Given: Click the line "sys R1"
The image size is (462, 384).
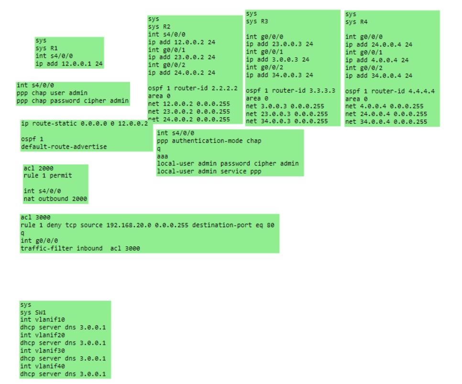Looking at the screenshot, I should [x=46, y=48].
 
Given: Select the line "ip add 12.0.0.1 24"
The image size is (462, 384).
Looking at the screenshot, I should [x=69, y=64].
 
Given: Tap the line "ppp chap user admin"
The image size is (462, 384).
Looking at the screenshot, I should [x=52, y=93].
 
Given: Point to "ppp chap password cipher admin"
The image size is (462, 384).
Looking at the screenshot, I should [x=72, y=100].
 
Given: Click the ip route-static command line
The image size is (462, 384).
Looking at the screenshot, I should [x=84, y=123].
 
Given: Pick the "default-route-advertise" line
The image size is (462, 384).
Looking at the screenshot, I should [x=64, y=147].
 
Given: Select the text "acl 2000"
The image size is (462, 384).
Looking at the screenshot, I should [x=38, y=168].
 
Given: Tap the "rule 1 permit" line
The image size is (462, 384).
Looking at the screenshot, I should [x=48, y=176].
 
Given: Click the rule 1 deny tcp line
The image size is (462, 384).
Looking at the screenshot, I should [x=147, y=225].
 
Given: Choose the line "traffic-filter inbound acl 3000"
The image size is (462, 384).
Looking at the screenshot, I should [x=80, y=249].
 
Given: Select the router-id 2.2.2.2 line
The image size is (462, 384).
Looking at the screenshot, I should [x=193, y=88].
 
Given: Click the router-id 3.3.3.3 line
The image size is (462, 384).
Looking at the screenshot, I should [x=290, y=90].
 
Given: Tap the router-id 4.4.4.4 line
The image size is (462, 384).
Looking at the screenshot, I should [x=390, y=91].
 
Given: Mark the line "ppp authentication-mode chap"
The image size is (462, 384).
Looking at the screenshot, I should [x=209, y=141].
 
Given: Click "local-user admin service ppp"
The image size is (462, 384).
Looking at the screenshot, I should [x=209, y=171].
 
